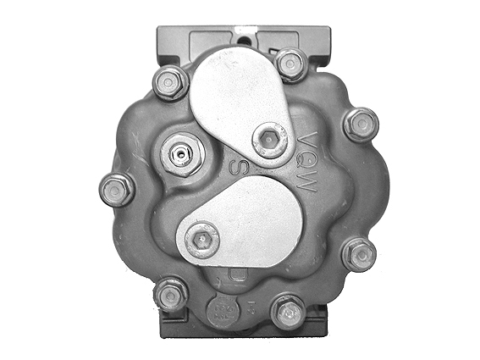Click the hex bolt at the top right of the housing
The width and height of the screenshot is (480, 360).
(290, 64)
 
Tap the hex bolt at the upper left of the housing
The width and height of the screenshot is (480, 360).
(171, 82)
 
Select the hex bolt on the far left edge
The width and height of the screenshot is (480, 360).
(116, 189)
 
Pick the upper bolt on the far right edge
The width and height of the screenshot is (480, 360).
(361, 125)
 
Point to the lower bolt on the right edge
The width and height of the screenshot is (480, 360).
(359, 253)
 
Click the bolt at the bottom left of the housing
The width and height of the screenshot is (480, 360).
(171, 295)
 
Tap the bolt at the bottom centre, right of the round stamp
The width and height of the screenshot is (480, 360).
(288, 311)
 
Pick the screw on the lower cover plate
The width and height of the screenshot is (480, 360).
(202, 238)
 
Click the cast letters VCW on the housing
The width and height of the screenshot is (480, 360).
(307, 161)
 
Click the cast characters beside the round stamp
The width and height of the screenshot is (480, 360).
(251, 310)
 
